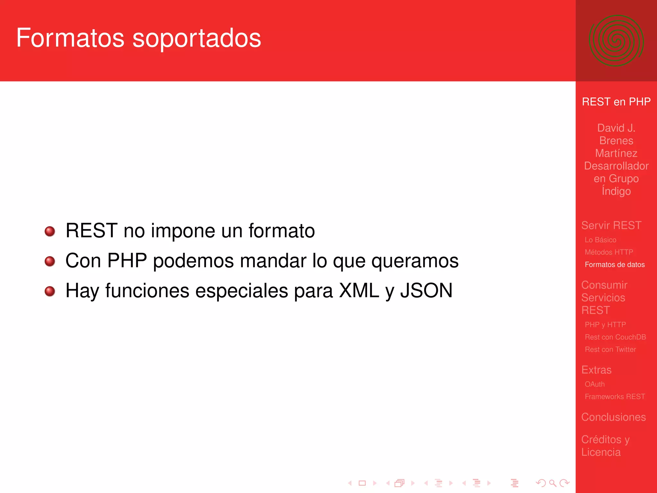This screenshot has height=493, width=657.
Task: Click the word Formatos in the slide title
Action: pos(70,38)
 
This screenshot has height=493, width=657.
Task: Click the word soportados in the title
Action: pos(197,39)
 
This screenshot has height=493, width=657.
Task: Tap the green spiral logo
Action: pos(616,41)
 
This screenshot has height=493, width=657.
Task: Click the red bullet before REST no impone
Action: pos(50,231)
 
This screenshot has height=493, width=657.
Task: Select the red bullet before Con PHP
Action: pos(50,261)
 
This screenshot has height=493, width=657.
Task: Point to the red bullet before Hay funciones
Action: pos(50,291)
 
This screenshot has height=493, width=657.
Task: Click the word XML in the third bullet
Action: pos(359,290)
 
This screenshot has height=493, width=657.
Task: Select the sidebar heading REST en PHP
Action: pos(616,102)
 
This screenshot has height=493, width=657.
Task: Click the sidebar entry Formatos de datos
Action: pos(614,264)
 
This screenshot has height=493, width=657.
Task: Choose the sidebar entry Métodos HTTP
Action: pos(609,252)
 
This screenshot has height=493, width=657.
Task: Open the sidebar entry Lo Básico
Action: pos(600,240)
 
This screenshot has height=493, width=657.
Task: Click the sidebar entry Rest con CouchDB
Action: pos(615,337)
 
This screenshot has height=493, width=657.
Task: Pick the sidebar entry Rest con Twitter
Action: pos(610,349)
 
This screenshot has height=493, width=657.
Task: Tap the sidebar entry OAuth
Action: pos(594,384)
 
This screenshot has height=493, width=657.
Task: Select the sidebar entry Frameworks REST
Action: pos(615,396)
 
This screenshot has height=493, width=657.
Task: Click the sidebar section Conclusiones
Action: pos(613,417)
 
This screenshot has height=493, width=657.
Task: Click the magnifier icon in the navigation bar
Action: pos(552,483)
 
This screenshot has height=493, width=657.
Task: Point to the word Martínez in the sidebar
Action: pos(616,153)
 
